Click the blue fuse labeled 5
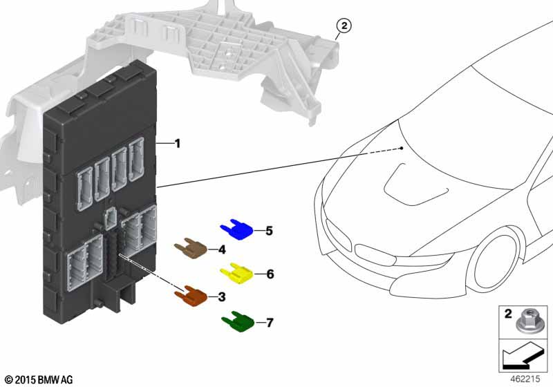click(x=237, y=230)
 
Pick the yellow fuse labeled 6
click(x=236, y=274)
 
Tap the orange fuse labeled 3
click(x=191, y=296)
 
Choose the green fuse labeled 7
click(x=238, y=321)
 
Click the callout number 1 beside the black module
click(x=178, y=144)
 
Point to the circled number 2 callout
click(x=344, y=26)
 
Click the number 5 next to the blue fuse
click(x=269, y=231)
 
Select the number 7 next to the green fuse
click(x=270, y=323)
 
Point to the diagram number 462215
click(x=525, y=379)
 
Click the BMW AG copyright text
click(x=39, y=380)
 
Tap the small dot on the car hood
click(x=402, y=149)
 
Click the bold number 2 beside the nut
click(x=508, y=314)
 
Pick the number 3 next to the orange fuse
click(x=221, y=296)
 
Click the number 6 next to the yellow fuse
click(x=270, y=274)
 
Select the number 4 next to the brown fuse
click(x=222, y=249)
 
